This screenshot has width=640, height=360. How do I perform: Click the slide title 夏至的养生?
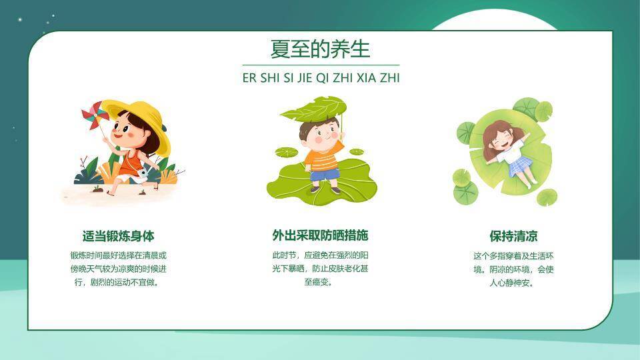320,49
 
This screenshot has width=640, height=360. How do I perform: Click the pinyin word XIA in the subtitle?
366,77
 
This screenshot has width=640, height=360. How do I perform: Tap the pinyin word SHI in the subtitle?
270,77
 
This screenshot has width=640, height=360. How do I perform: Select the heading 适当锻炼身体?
119,236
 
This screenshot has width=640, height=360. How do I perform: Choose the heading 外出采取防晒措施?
321,235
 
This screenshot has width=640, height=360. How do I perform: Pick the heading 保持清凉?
513,236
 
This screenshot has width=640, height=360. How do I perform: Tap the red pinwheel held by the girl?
95,115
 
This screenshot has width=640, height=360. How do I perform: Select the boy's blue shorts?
325,174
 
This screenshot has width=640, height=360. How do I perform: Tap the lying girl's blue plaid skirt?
520,166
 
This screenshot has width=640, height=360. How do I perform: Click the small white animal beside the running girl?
144,173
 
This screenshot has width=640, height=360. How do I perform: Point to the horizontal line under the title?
321,65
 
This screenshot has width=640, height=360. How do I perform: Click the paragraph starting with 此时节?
321,269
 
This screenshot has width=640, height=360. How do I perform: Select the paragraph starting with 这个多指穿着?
513,269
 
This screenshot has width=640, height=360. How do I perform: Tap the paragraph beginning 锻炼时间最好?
119,269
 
